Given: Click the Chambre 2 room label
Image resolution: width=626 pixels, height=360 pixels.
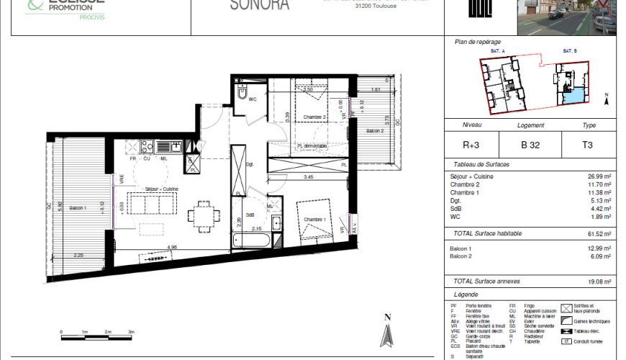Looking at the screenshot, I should click(x=314, y=117).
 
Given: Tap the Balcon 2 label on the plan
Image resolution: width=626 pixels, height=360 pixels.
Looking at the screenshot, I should click(x=374, y=131).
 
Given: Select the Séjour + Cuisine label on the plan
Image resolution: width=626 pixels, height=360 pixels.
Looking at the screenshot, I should click(x=161, y=189).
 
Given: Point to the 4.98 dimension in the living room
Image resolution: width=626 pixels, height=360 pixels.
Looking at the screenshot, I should click(x=173, y=248).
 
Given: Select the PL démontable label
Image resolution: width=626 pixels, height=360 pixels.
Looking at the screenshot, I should click(x=312, y=146).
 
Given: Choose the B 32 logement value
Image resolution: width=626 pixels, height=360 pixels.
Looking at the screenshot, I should click(x=530, y=144).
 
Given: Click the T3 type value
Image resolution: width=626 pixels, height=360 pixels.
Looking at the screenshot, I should click(x=589, y=144).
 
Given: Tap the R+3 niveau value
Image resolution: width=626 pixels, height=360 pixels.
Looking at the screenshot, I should click(x=471, y=144).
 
